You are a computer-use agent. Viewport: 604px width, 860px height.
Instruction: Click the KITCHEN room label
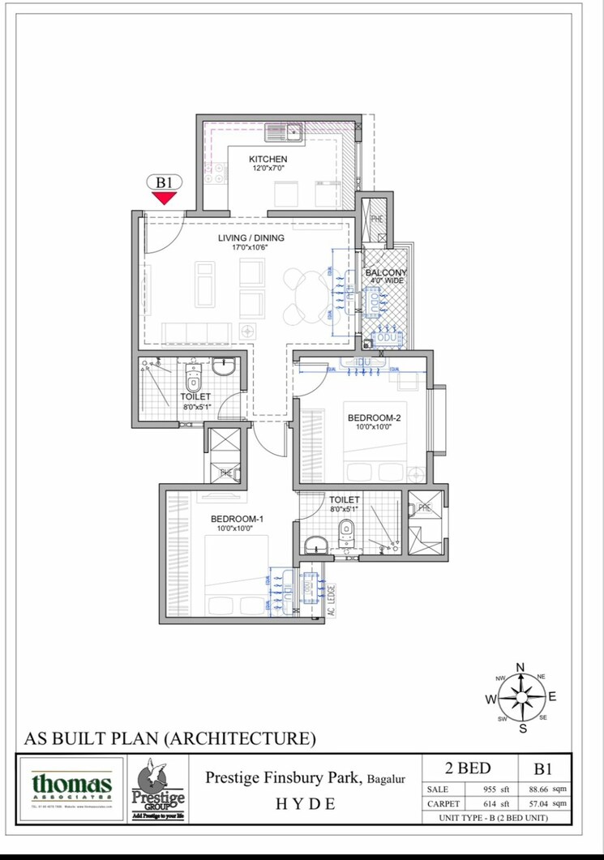click(x=268, y=159)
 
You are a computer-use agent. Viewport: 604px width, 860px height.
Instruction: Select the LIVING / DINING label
click(x=251, y=237)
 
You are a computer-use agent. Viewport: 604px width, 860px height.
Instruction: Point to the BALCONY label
click(x=386, y=273)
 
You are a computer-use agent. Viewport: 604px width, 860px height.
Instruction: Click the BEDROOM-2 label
click(x=375, y=418)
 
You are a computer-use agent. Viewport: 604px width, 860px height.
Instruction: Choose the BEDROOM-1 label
click(x=238, y=519)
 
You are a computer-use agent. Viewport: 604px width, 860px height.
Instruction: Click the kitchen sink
click(x=283, y=130)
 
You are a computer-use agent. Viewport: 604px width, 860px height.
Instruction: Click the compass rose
click(x=520, y=697)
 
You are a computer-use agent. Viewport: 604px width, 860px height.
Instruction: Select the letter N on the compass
click(x=520, y=667)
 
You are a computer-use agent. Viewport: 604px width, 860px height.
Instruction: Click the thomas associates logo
click(x=71, y=788)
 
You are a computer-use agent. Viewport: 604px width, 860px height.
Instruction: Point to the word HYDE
click(x=306, y=804)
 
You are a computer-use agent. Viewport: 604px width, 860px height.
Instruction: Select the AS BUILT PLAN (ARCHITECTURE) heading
click(x=169, y=738)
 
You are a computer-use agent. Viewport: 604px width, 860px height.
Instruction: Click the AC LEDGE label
click(x=331, y=601)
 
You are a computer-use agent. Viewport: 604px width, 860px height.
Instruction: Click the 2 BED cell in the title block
click(x=469, y=768)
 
